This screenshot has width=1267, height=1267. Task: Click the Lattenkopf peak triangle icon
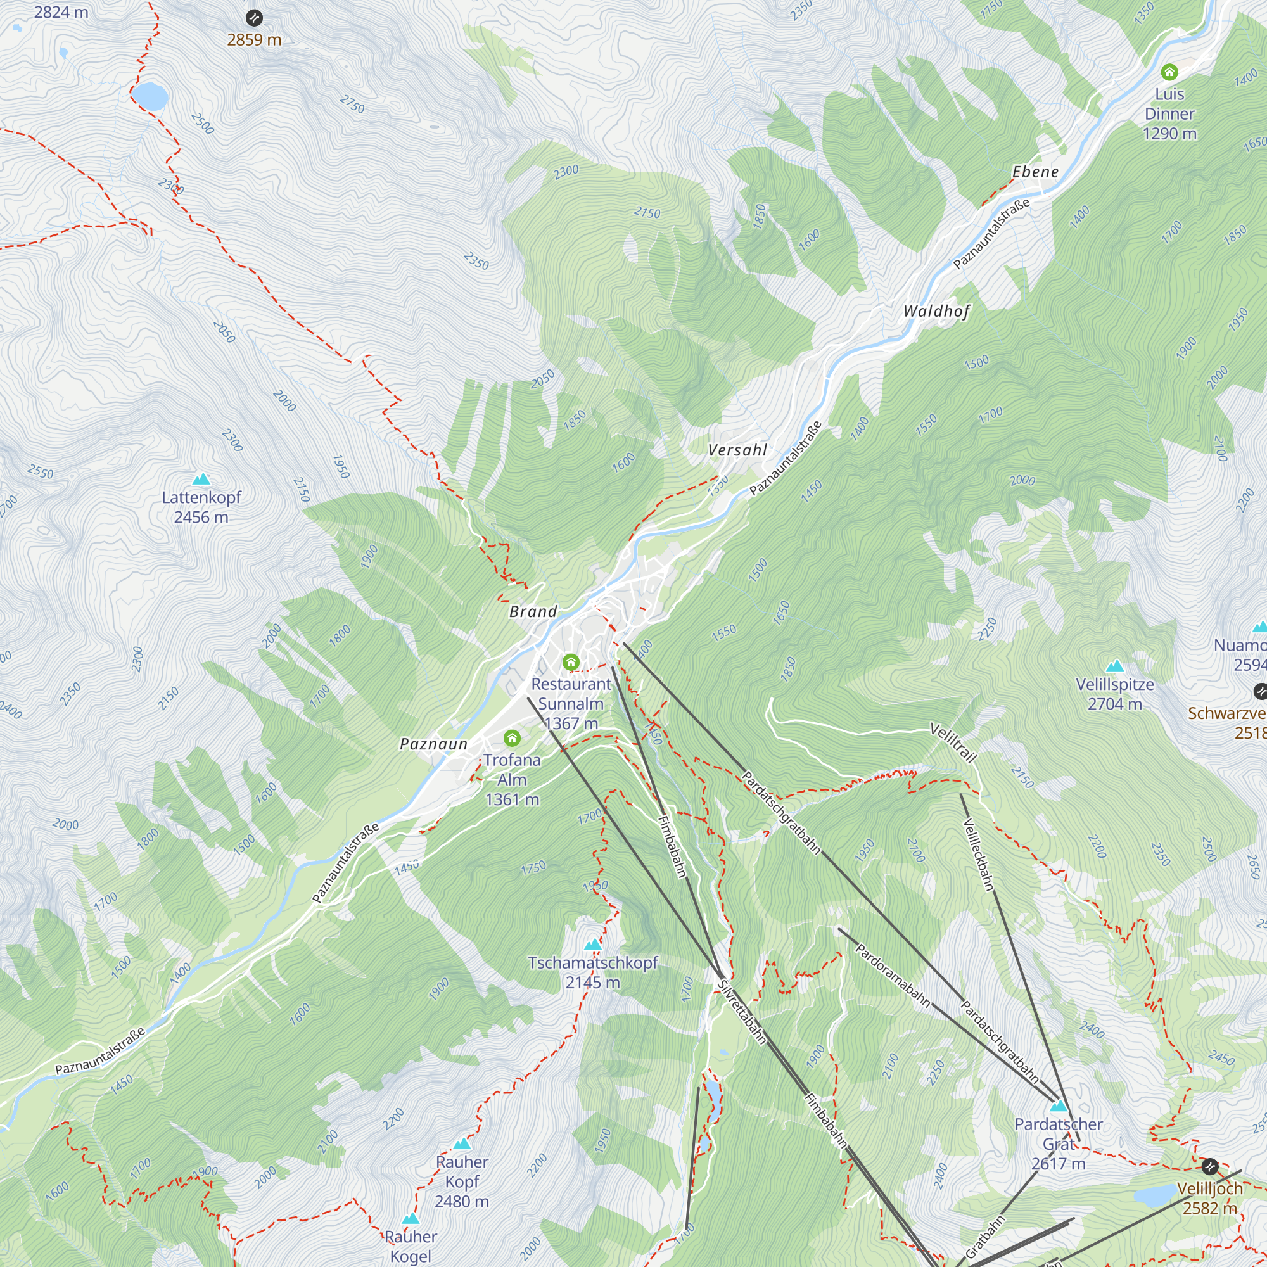coord(201,480)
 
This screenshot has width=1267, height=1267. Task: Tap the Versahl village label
coord(737,450)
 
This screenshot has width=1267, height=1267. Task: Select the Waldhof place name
coord(936,311)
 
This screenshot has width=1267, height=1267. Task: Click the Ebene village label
coord(1035,172)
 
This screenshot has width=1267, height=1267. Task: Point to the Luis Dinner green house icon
coord(1169,72)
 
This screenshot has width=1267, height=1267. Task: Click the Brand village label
coord(533,611)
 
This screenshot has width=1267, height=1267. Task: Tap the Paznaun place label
coord(433,744)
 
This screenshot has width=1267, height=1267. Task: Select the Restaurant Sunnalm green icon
coord(571,663)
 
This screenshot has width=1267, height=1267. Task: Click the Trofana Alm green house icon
coord(512,739)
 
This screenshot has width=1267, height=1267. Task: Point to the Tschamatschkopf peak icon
coord(593,945)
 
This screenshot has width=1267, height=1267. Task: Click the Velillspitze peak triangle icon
coord(1115,667)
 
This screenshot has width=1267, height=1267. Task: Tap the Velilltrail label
coord(953,743)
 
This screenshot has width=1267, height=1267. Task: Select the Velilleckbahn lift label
coord(979,855)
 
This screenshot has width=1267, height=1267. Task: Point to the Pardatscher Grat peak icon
coord(1059,1106)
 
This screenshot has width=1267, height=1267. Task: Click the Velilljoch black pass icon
coord(1210,1167)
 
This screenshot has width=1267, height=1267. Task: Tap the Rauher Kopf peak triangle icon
coord(462,1144)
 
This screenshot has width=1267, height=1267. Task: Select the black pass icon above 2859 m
coord(254,18)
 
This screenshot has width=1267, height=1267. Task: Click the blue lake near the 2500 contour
coord(150,96)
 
